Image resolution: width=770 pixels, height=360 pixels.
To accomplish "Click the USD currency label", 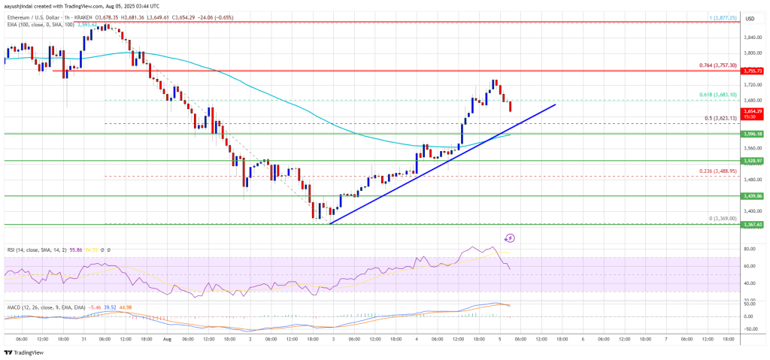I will (x=749, y=18).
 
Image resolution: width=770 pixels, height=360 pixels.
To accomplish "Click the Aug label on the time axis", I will (x=168, y=339).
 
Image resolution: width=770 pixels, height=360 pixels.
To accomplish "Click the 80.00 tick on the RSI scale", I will (x=748, y=248).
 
